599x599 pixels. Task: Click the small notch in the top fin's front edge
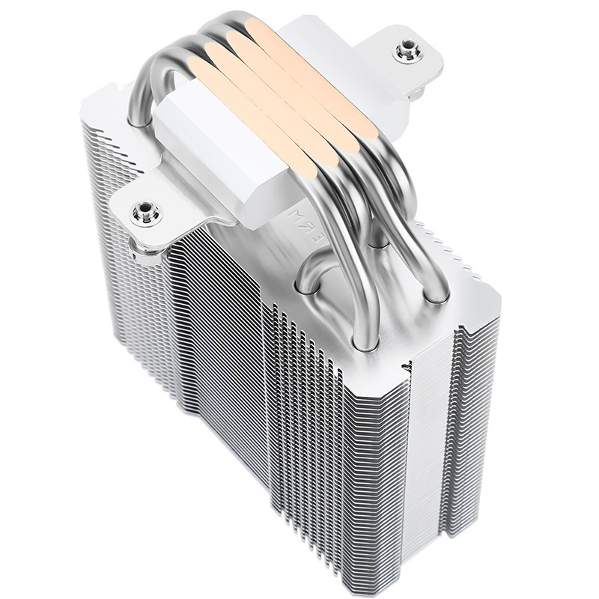[407, 368]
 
